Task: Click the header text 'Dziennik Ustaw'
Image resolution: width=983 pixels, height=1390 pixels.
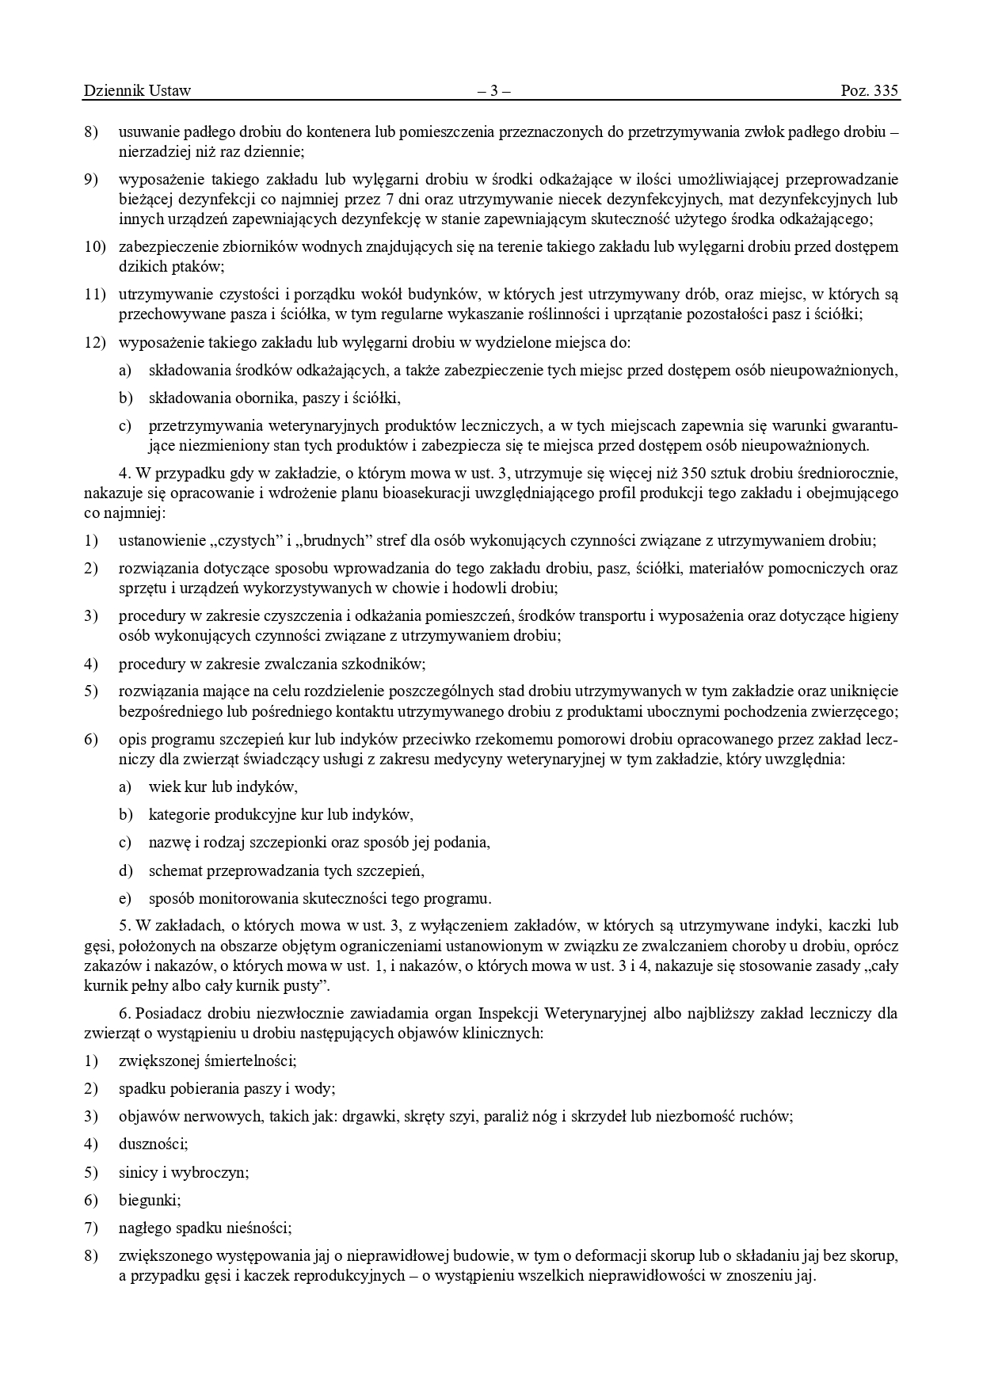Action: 137,90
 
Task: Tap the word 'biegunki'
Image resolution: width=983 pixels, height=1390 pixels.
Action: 150,1200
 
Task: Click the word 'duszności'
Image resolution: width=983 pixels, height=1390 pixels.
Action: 153,1144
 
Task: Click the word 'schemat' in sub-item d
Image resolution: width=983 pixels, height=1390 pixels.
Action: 175,870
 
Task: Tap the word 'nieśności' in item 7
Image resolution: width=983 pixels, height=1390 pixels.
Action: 263,1228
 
